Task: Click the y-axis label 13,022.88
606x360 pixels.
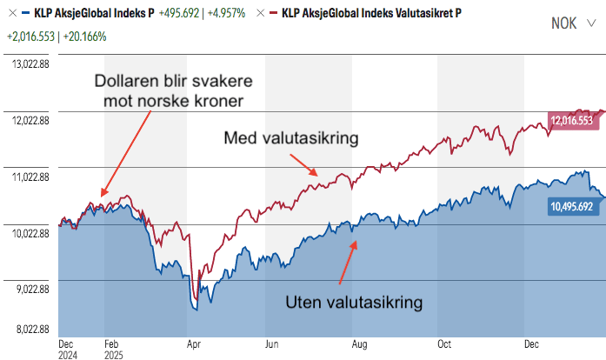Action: pyautogui.click(x=29, y=62)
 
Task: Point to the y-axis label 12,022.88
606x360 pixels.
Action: pyautogui.click(x=29, y=119)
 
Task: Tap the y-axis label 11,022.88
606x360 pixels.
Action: pyautogui.click(x=29, y=177)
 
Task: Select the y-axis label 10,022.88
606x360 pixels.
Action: pyautogui.click(x=29, y=233)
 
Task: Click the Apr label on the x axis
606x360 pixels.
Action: pyautogui.click(x=194, y=343)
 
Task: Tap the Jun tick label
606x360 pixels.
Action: pyautogui.click(x=272, y=343)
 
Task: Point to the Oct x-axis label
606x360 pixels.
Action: pyautogui.click(x=445, y=343)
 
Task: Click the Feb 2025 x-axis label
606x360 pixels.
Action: pyautogui.click(x=113, y=349)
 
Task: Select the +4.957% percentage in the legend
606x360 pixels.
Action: pyautogui.click(x=223, y=14)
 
